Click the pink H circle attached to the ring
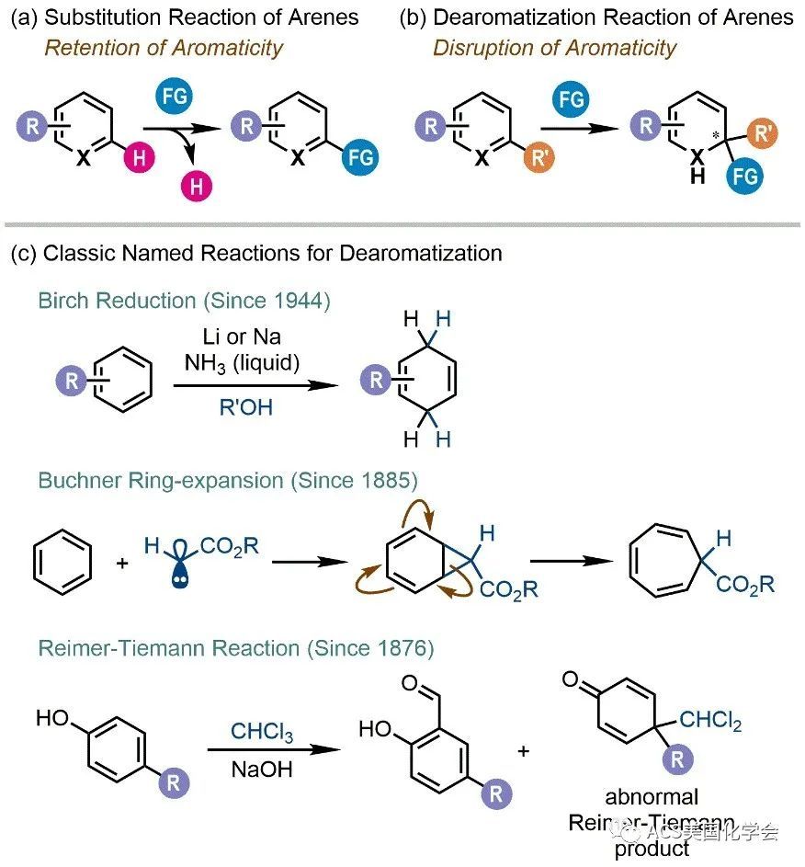click(139, 157)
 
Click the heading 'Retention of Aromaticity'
click(164, 47)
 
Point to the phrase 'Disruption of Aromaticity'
click(554, 47)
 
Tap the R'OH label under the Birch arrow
click(245, 406)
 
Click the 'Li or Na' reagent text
click(244, 337)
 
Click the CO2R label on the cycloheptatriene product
click(744, 584)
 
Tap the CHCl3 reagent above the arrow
click(262, 733)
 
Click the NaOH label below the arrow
click(262, 768)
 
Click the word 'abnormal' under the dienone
click(652, 796)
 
